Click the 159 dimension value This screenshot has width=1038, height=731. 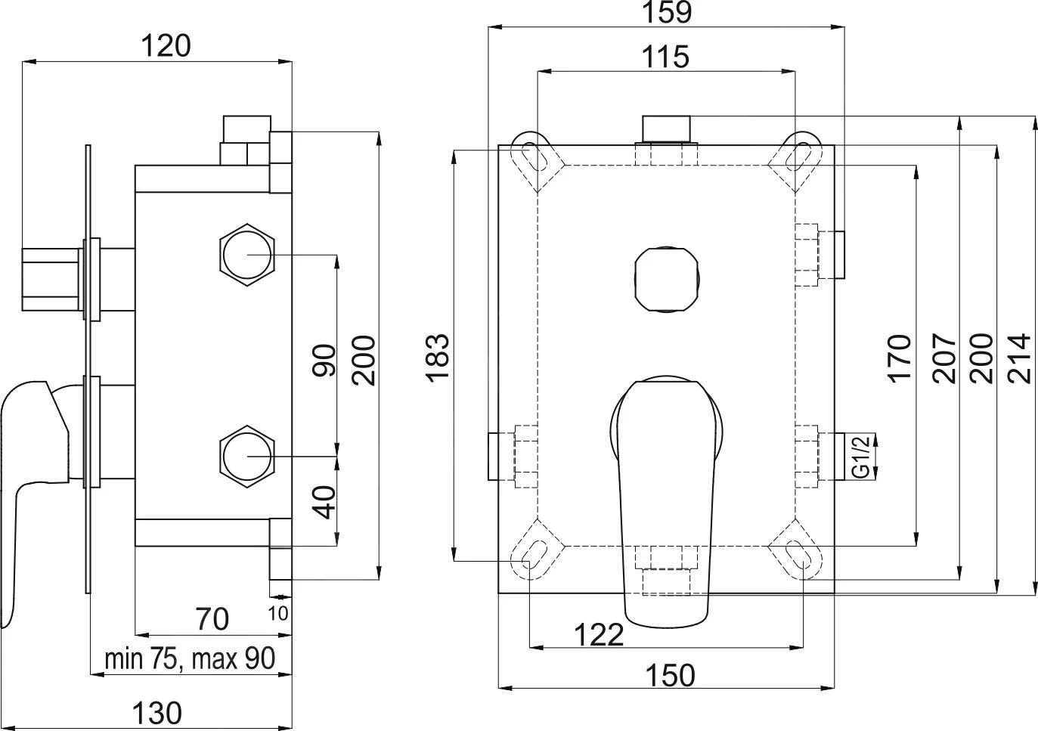pyautogui.click(x=668, y=13)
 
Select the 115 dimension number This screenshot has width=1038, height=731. pyautogui.click(x=665, y=57)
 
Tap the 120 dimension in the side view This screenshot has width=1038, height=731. pyautogui.click(x=166, y=46)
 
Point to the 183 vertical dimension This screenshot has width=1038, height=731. pyautogui.click(x=438, y=358)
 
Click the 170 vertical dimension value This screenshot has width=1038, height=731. pyautogui.click(x=900, y=359)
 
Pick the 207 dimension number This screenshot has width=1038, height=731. pyautogui.click(x=945, y=358)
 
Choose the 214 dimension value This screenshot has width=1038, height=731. pyautogui.click(x=1019, y=358)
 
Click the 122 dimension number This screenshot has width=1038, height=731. pyautogui.click(x=599, y=634)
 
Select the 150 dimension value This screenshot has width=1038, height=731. pyautogui.click(x=670, y=675)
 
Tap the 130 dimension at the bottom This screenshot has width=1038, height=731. pyautogui.click(x=157, y=713)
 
